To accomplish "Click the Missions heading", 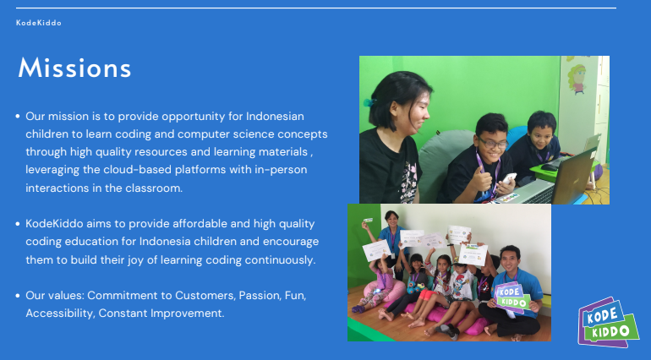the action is click(x=74, y=68).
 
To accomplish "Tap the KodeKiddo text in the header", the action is click(x=39, y=23).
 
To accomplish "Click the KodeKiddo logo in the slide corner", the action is click(x=608, y=322).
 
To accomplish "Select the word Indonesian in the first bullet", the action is click(x=275, y=116).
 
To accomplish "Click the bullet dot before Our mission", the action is click(x=18, y=117).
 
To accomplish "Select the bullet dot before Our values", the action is click(x=18, y=296).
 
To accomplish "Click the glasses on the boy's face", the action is click(x=494, y=143).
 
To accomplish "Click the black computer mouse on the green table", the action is click(x=550, y=167).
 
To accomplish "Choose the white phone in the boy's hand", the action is click(x=510, y=178).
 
